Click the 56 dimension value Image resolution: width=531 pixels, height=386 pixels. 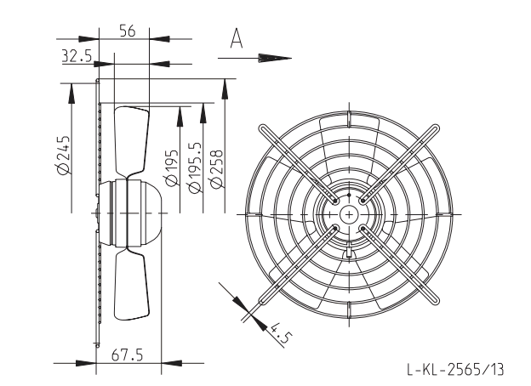tap(128, 31)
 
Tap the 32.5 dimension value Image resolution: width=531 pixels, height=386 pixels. tap(77, 55)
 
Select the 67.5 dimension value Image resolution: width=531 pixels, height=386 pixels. tap(127, 355)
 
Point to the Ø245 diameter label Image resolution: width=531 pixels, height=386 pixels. tap(63, 156)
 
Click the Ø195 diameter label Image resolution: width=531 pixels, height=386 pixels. tap(172, 167)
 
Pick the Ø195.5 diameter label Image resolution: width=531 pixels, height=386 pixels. tap(195, 167)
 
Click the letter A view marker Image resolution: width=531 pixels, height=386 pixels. tap(237, 38)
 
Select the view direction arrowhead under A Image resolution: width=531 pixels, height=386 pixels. tap(275, 58)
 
